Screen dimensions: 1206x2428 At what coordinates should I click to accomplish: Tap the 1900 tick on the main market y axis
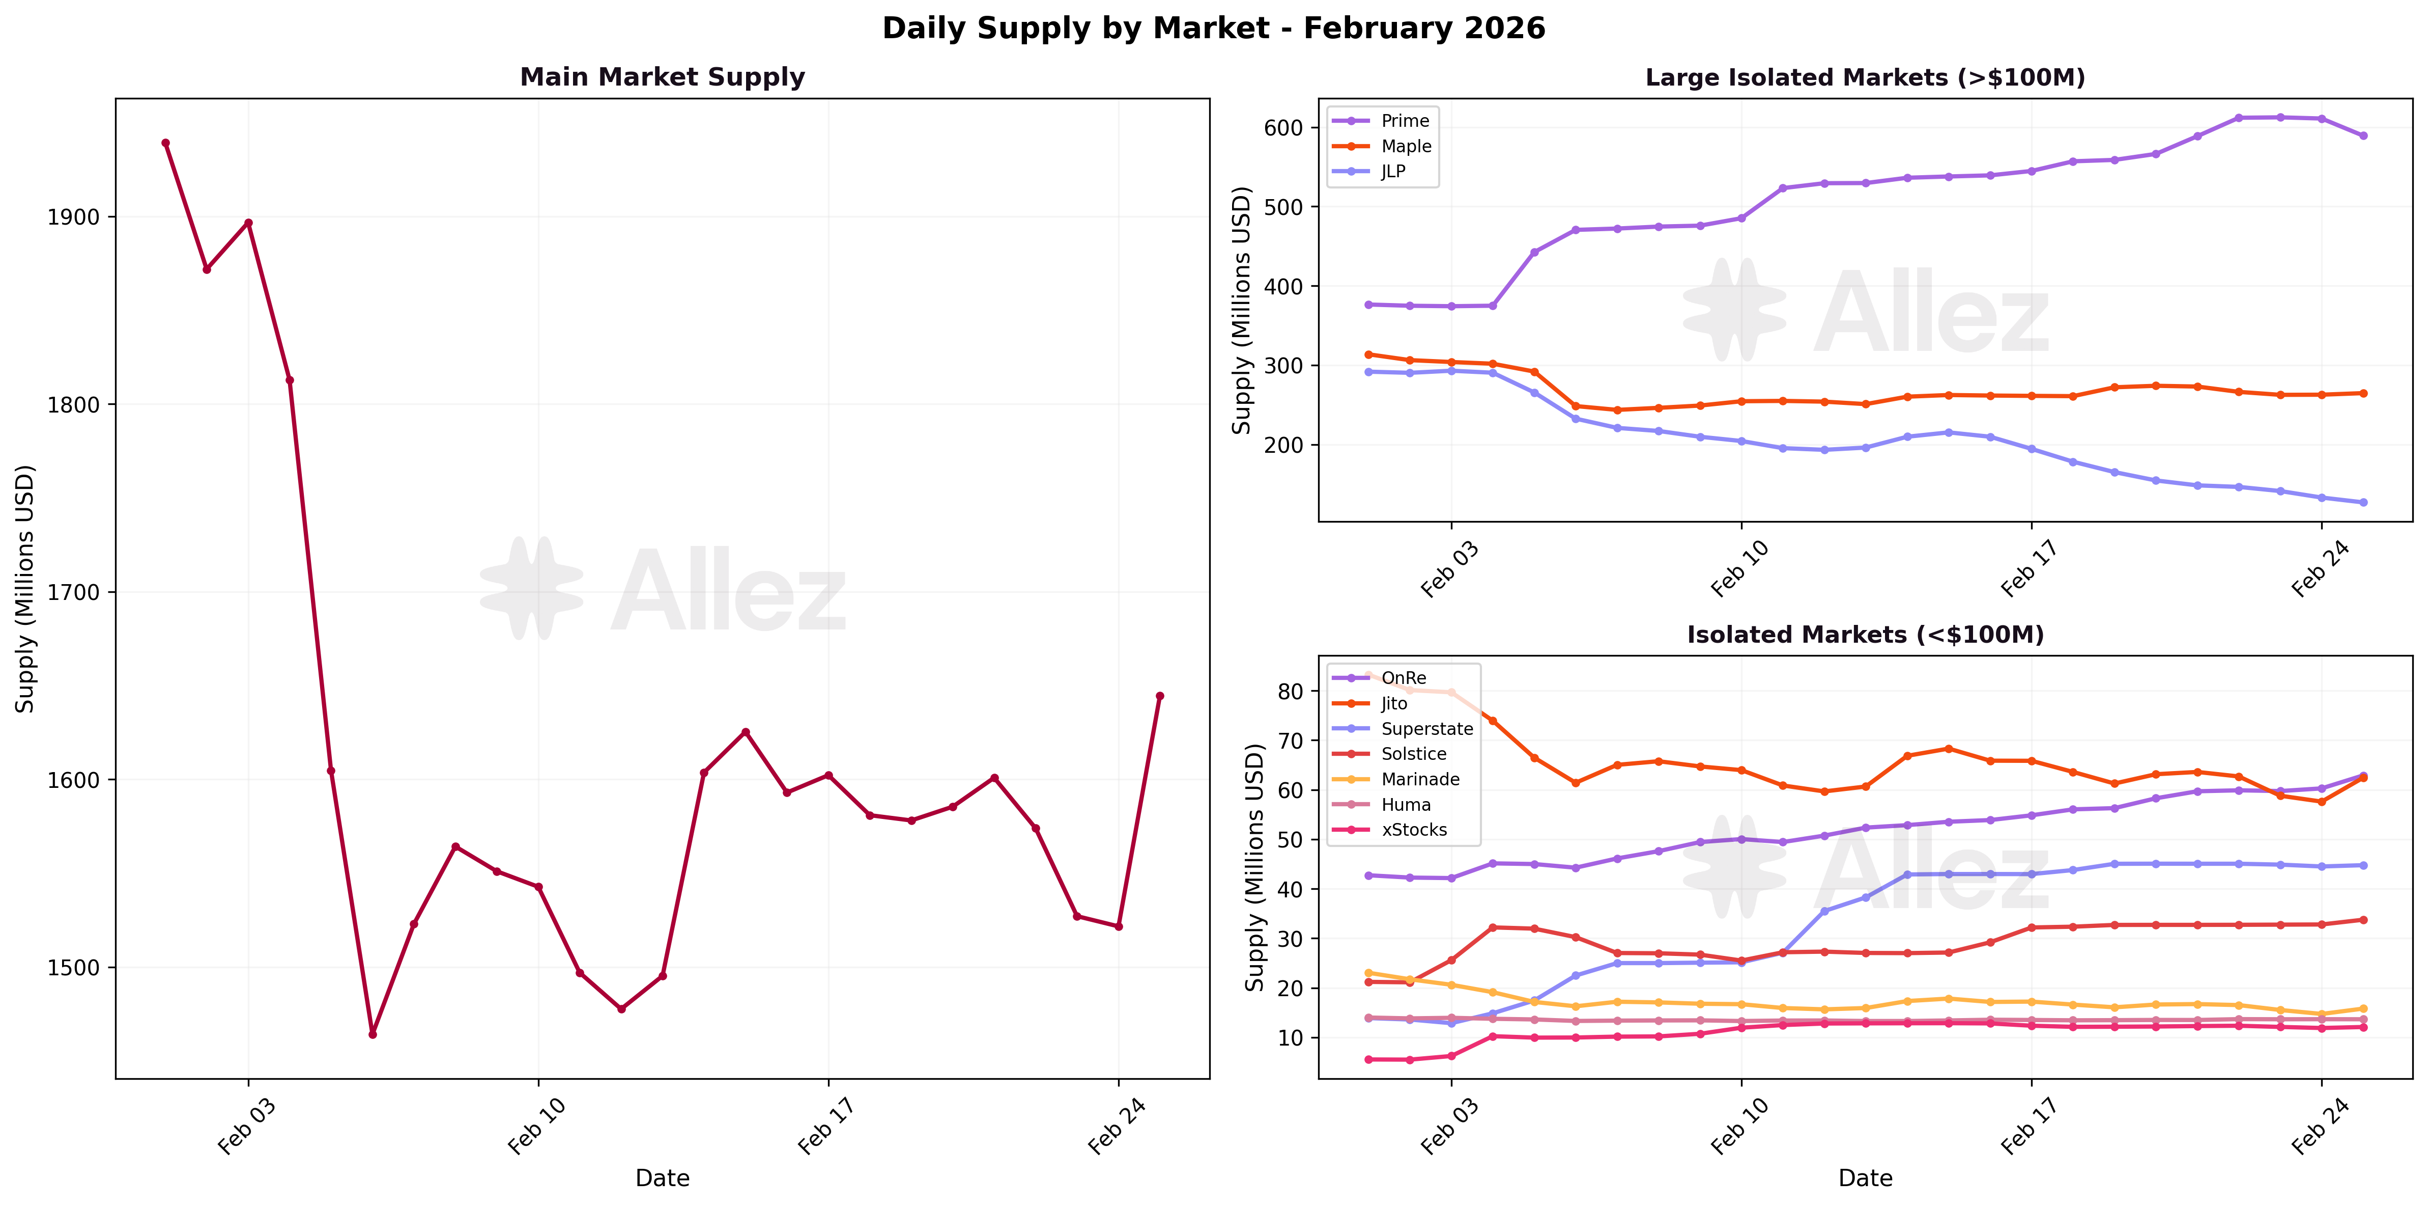pos(73,217)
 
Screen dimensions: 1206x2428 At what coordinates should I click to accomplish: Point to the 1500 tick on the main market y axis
pos(73,968)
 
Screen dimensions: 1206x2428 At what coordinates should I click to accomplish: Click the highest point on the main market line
pos(166,143)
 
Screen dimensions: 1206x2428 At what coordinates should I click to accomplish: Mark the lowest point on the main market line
pos(373,1034)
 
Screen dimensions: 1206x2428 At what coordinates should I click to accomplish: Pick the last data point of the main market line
pos(1159,696)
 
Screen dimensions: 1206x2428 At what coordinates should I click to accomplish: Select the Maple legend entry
pos(1405,146)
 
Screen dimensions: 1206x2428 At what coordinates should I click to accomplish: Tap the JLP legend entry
pos(1393,172)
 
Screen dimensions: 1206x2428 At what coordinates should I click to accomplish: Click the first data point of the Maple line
pos(1368,354)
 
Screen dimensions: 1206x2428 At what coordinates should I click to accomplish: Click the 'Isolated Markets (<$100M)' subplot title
pos(1864,635)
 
